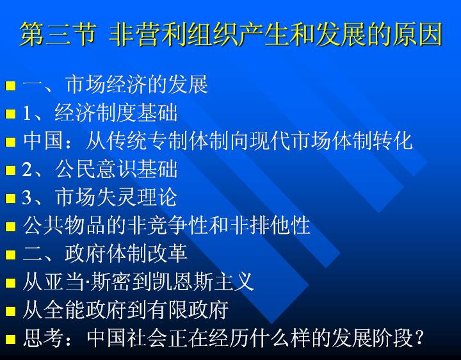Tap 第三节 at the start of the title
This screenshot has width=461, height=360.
click(58, 35)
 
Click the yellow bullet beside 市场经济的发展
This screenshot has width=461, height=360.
click(10, 86)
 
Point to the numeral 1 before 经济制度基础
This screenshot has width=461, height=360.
click(27, 113)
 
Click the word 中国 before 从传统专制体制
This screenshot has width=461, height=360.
click(44, 140)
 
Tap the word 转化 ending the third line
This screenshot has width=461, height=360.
click(392, 140)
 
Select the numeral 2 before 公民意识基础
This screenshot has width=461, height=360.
click(27, 169)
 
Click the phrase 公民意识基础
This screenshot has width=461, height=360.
click(116, 169)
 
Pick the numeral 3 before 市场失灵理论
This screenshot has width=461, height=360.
click(27, 197)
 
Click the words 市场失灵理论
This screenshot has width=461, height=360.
click(116, 197)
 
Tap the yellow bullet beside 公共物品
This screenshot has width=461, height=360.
click(10, 227)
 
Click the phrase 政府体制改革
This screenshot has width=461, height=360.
click(126, 253)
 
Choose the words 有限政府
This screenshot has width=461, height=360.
click(188, 309)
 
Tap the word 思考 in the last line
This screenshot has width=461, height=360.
click(44, 338)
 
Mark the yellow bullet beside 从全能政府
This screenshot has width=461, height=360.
click(10, 311)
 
